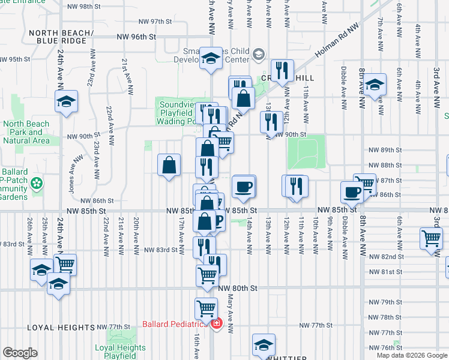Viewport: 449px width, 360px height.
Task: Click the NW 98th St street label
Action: tap(84, 6)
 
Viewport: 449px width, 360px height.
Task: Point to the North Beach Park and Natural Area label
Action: tap(26, 132)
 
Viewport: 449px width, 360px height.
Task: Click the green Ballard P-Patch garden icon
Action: tap(37, 182)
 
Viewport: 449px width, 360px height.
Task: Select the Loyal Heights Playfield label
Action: tap(120, 352)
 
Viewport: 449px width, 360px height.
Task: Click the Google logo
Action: tap(20, 353)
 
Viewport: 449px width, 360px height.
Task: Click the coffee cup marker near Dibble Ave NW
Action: tap(352, 192)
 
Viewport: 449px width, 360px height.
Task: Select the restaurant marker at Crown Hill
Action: tap(282, 71)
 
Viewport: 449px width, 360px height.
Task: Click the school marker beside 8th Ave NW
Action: tap(375, 85)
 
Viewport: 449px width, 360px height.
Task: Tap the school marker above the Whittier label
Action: tap(263, 345)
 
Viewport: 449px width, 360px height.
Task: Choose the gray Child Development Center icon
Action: tap(258, 55)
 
